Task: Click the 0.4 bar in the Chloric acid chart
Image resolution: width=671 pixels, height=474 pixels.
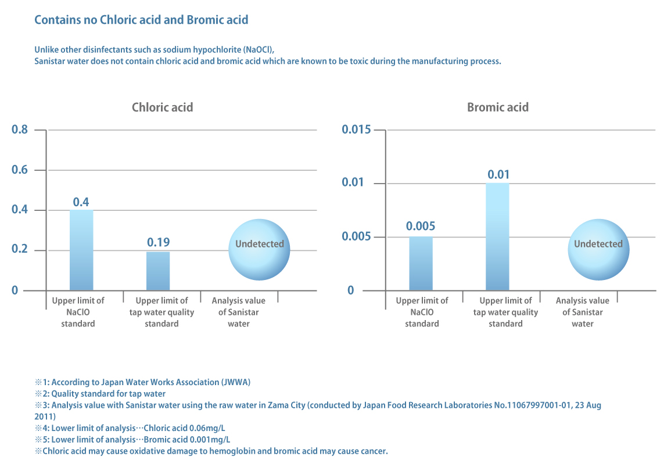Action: (81, 250)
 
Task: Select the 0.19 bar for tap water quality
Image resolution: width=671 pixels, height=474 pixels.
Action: (158, 271)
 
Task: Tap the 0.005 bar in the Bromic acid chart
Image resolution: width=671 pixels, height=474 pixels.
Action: (421, 264)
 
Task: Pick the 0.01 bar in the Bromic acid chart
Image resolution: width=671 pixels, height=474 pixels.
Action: (497, 237)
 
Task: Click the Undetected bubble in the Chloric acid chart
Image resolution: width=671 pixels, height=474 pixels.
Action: (260, 249)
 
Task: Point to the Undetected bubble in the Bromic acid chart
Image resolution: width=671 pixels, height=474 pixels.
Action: (598, 249)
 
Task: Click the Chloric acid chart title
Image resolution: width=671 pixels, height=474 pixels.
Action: (162, 107)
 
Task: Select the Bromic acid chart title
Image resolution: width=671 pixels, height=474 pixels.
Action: (498, 107)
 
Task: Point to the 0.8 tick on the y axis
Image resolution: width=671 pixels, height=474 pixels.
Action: (20, 130)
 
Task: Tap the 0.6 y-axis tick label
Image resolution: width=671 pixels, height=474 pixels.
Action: (20, 170)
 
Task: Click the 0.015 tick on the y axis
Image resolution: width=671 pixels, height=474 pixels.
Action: (356, 130)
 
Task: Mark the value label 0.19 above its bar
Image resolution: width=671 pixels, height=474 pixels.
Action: (158, 242)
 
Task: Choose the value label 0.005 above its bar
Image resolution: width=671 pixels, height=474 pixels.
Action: (421, 227)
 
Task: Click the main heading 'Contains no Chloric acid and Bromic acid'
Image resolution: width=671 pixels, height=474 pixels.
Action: (141, 20)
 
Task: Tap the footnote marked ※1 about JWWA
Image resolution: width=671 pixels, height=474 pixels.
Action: (142, 382)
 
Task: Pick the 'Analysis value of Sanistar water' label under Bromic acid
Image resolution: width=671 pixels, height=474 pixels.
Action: (582, 312)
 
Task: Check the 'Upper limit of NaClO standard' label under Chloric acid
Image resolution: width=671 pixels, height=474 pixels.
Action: (78, 312)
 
